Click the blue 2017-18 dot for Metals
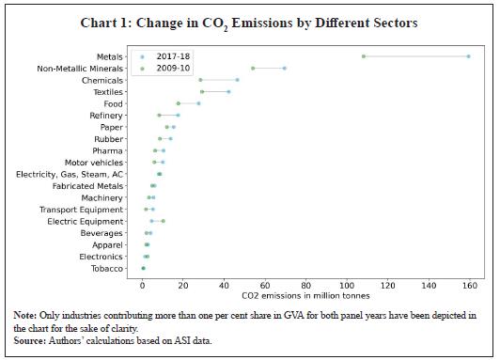468,56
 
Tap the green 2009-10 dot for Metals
364,56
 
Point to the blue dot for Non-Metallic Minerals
285,68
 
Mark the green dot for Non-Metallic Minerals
253,68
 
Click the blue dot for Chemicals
237,80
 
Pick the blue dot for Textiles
228,92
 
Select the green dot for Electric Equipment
164,221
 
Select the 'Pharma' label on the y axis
107,150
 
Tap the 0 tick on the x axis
143,285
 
